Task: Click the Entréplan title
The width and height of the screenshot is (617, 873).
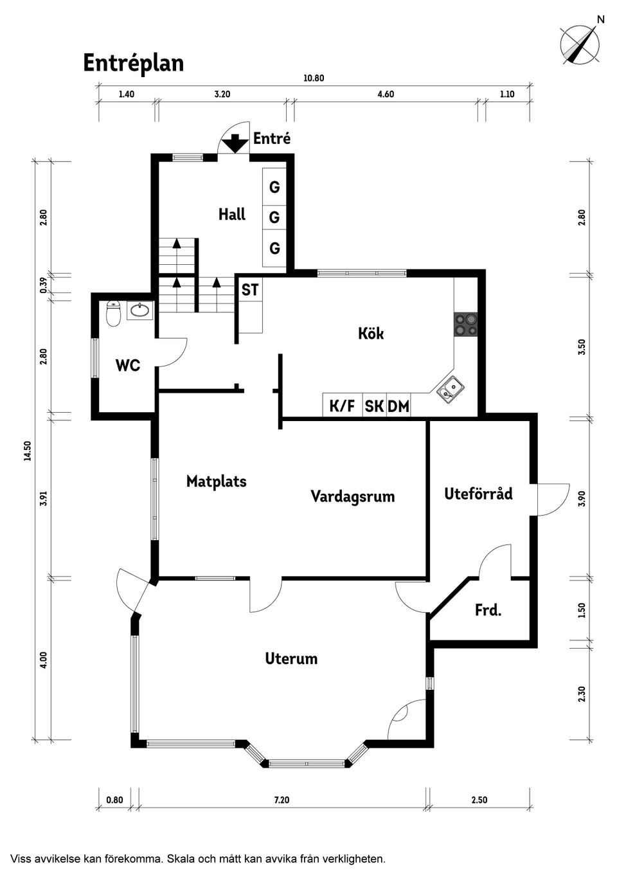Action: tap(134, 63)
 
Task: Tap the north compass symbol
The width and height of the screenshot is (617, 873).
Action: tap(580, 44)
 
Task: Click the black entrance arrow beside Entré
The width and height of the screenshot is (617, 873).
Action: tap(235, 143)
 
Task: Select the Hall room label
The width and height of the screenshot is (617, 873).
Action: tap(231, 215)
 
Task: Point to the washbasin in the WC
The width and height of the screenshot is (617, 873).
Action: tap(139, 311)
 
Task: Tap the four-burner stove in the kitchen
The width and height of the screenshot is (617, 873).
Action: tap(466, 324)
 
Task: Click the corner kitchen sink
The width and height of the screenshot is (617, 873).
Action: tap(450, 390)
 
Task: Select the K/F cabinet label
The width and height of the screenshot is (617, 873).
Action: tap(342, 406)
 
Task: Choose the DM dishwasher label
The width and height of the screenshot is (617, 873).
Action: tap(398, 406)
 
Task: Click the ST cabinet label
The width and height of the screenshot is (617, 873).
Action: tap(250, 290)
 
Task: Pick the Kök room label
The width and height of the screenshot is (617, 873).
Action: tap(371, 333)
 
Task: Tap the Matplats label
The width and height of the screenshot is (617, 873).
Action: tap(216, 482)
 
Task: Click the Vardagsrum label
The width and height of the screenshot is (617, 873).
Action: tap(352, 496)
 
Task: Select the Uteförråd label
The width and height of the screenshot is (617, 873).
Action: tap(478, 494)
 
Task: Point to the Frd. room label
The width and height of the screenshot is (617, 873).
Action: tap(488, 610)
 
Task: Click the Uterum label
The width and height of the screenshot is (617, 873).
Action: tap(291, 658)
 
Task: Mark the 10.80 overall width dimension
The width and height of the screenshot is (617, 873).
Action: tap(314, 78)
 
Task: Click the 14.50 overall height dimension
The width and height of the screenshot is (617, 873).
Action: tap(27, 451)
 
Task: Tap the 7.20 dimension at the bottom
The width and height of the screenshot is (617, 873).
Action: tap(282, 800)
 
